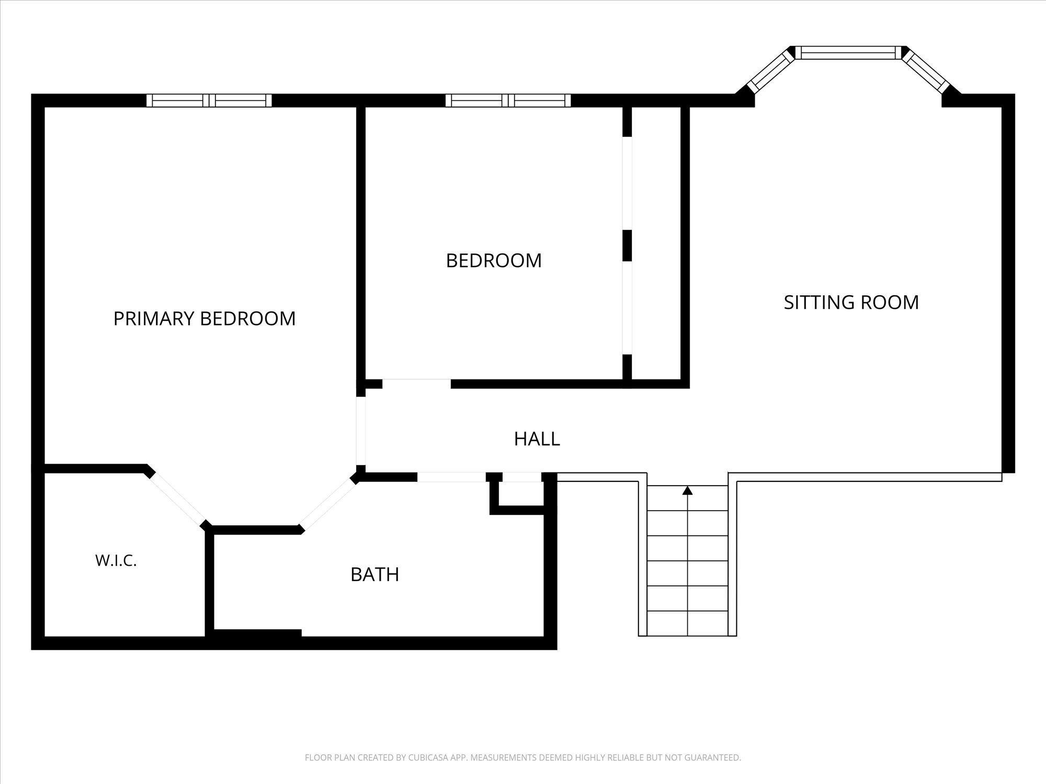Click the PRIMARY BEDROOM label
pyautogui.click(x=204, y=318)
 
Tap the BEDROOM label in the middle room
pyautogui.click(x=494, y=260)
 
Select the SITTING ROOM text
pyautogui.click(x=851, y=302)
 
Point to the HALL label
pyautogui.click(x=537, y=439)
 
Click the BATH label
pyautogui.click(x=374, y=574)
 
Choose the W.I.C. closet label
pyautogui.click(x=116, y=560)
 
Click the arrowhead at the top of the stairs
pyautogui.click(x=688, y=490)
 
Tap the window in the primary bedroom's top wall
pyautogui.click(x=209, y=100)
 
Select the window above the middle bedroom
pyautogui.click(x=508, y=100)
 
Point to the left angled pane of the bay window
pyautogui.click(x=769, y=72)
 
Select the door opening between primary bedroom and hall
pyautogui.click(x=361, y=431)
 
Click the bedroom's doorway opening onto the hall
pyautogui.click(x=416, y=384)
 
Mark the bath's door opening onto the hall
pyautogui.click(x=451, y=477)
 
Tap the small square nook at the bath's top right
pyautogui.click(x=521, y=493)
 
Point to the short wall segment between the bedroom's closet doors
pyautogui.click(x=627, y=245)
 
